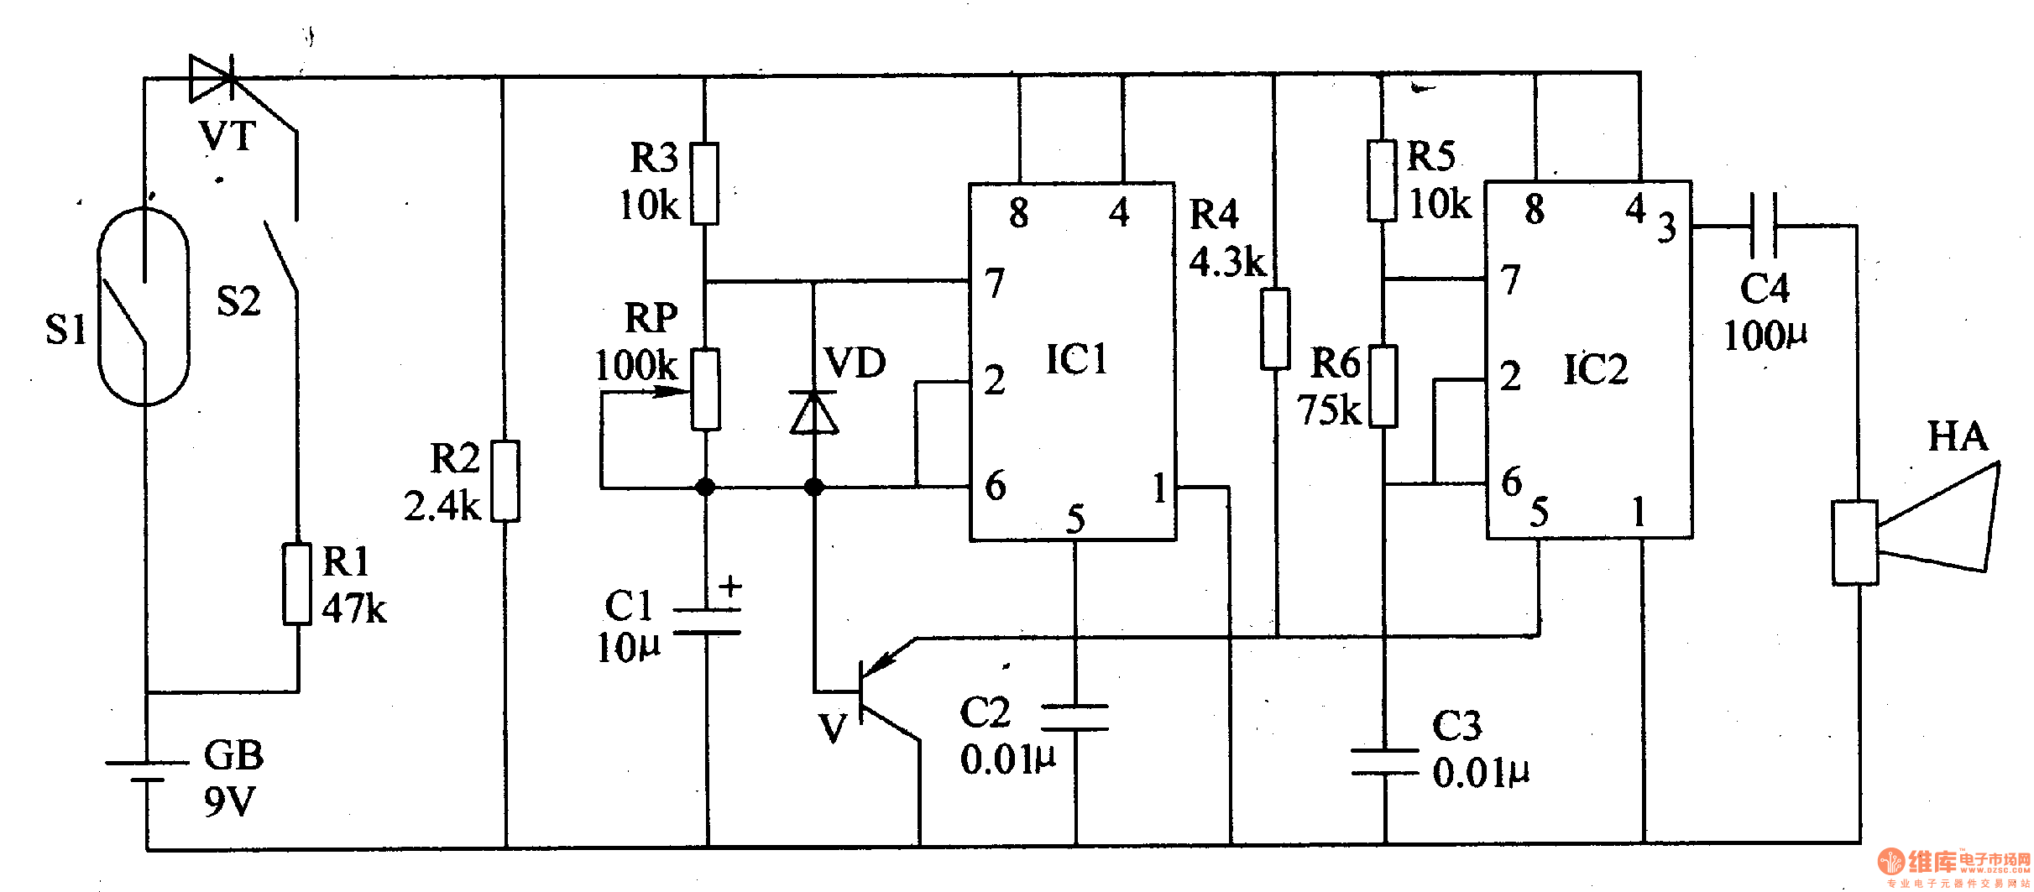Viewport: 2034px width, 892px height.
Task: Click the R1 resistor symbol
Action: point(297,584)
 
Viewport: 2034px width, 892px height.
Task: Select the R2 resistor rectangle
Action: point(505,481)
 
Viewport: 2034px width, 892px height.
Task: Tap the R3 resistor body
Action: point(704,184)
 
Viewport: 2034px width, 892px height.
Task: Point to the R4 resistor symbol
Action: point(1275,329)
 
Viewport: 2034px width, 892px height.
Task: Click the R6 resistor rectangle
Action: point(1383,387)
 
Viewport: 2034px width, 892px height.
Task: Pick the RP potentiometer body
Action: point(705,390)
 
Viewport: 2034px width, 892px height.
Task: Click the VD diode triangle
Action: point(813,412)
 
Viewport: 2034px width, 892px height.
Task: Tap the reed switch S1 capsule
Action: point(144,306)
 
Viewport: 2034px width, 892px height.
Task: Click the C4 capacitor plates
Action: point(1764,225)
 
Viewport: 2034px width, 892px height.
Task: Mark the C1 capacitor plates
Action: point(708,621)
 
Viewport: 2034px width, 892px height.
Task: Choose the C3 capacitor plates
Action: point(1385,762)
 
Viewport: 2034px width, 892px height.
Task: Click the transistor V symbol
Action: point(881,696)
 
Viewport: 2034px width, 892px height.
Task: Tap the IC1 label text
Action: point(1077,359)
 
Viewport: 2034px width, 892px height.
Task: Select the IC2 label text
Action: point(1595,368)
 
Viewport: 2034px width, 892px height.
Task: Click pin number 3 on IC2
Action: point(1666,227)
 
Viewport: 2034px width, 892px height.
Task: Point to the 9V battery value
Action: point(229,801)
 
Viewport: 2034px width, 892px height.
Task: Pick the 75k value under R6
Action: point(1329,410)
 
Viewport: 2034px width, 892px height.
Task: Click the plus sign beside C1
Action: point(730,585)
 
